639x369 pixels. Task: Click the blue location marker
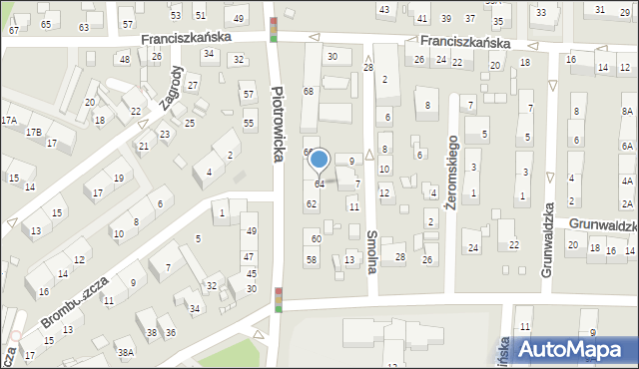click(x=319, y=160)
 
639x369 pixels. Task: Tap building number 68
click(x=309, y=92)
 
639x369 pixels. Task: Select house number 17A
click(x=9, y=120)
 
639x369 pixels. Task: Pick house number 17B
click(x=34, y=132)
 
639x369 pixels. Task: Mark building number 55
click(x=249, y=123)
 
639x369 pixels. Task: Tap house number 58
click(x=312, y=260)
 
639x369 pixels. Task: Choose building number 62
click(x=312, y=204)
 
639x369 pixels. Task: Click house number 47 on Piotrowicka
click(x=249, y=257)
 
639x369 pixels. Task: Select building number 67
click(x=14, y=30)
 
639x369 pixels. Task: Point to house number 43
click(x=384, y=9)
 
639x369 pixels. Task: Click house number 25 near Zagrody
click(x=189, y=123)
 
